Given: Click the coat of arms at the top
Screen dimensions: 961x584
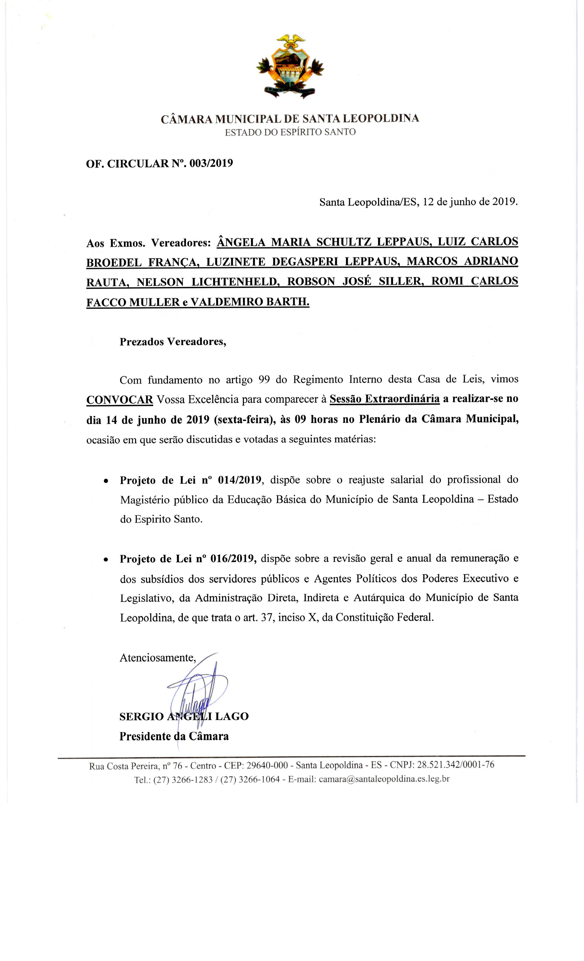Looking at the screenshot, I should pyautogui.click(x=290, y=66).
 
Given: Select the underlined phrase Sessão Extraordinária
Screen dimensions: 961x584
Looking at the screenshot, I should pyautogui.click(x=385, y=399).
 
